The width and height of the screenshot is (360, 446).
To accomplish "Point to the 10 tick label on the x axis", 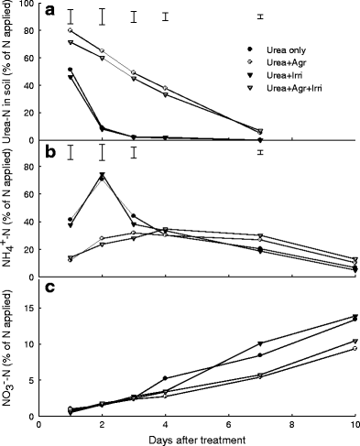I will tap(355, 424).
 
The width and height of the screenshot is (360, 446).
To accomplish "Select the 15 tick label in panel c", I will tap(28, 308).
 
